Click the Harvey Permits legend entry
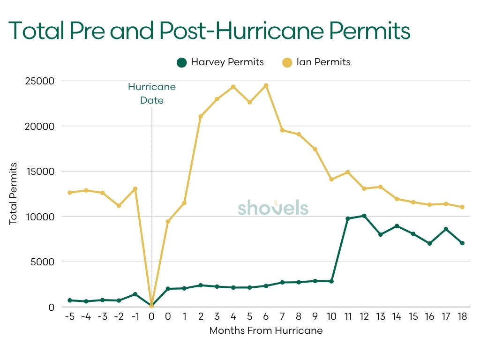tap(220, 62)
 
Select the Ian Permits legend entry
tap(316, 62)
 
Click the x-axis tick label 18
tap(462, 317)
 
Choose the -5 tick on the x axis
tap(69, 317)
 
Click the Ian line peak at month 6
tap(266, 85)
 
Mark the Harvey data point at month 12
tap(364, 216)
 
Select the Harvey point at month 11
tap(348, 219)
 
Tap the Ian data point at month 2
tap(201, 116)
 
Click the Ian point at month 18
tap(462, 207)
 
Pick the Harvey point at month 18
tap(462, 243)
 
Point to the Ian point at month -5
tap(69, 193)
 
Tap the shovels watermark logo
tap(273, 208)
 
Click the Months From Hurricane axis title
tap(266, 330)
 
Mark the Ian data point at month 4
tap(233, 87)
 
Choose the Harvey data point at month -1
tap(135, 294)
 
